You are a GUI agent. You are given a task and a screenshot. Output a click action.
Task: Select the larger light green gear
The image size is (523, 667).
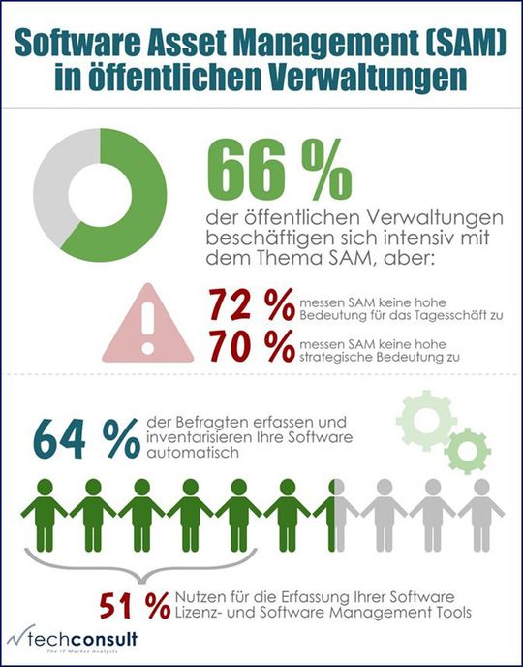coord(421,419)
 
